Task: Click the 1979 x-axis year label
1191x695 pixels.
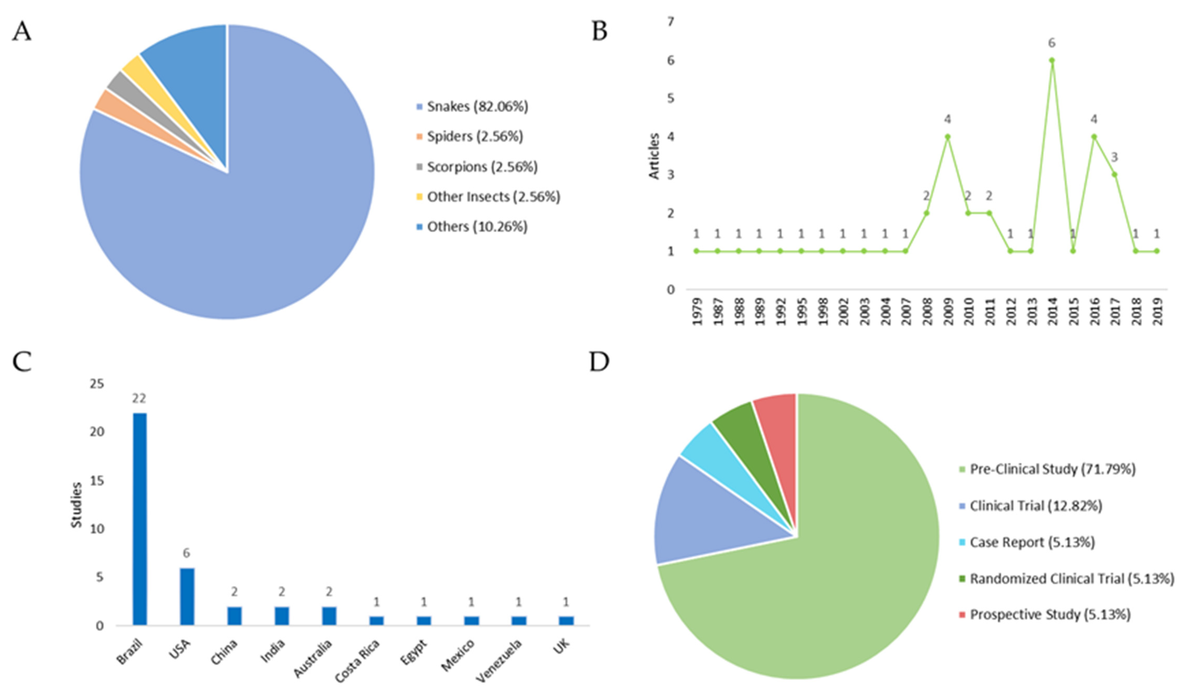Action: click(697, 311)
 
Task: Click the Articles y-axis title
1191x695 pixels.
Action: click(654, 156)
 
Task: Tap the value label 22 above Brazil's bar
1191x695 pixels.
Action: click(139, 399)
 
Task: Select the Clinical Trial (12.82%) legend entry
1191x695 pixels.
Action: click(1035, 506)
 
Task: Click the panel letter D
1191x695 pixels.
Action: click(599, 362)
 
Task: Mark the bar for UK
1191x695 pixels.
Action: click(566, 620)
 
